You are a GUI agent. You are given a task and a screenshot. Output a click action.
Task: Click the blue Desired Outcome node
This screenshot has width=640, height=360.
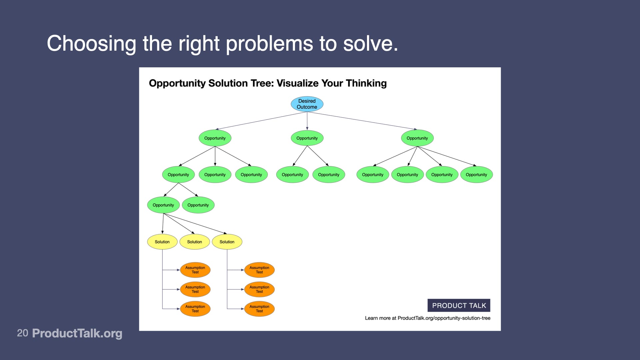[x=307, y=104]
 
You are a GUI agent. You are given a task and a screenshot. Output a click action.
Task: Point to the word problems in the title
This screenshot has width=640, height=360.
[x=269, y=44]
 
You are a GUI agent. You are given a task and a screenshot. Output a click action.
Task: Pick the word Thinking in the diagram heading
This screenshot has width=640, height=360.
[x=366, y=83]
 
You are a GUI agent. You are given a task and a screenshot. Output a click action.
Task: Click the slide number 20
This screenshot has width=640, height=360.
[x=22, y=333]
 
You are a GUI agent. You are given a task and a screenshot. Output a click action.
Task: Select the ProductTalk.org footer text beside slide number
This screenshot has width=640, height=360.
[x=77, y=333]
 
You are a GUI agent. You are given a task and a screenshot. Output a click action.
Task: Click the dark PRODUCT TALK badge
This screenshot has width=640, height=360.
[x=459, y=305]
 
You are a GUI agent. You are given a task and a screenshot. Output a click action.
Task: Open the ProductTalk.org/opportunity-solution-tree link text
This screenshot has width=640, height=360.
[x=444, y=318]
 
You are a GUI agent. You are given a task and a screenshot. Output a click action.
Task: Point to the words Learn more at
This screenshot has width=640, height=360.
[x=380, y=318]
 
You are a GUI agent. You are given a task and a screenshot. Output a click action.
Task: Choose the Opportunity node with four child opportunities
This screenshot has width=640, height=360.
[x=417, y=138]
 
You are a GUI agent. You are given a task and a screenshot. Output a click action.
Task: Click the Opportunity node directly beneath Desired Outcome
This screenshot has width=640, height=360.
[x=307, y=138]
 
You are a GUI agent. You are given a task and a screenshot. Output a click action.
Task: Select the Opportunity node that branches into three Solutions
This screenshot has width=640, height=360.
[x=163, y=205]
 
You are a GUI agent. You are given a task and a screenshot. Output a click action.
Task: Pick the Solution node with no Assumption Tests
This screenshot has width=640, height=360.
[x=194, y=242]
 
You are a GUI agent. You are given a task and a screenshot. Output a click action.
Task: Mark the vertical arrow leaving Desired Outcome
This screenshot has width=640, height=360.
[x=307, y=121]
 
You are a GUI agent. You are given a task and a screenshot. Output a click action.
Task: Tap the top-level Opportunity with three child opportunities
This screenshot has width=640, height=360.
[x=215, y=138]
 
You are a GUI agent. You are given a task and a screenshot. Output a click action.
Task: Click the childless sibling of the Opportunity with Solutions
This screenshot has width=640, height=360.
[x=198, y=205]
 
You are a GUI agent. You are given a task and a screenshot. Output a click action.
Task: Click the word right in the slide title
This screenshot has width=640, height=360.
[x=199, y=44]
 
